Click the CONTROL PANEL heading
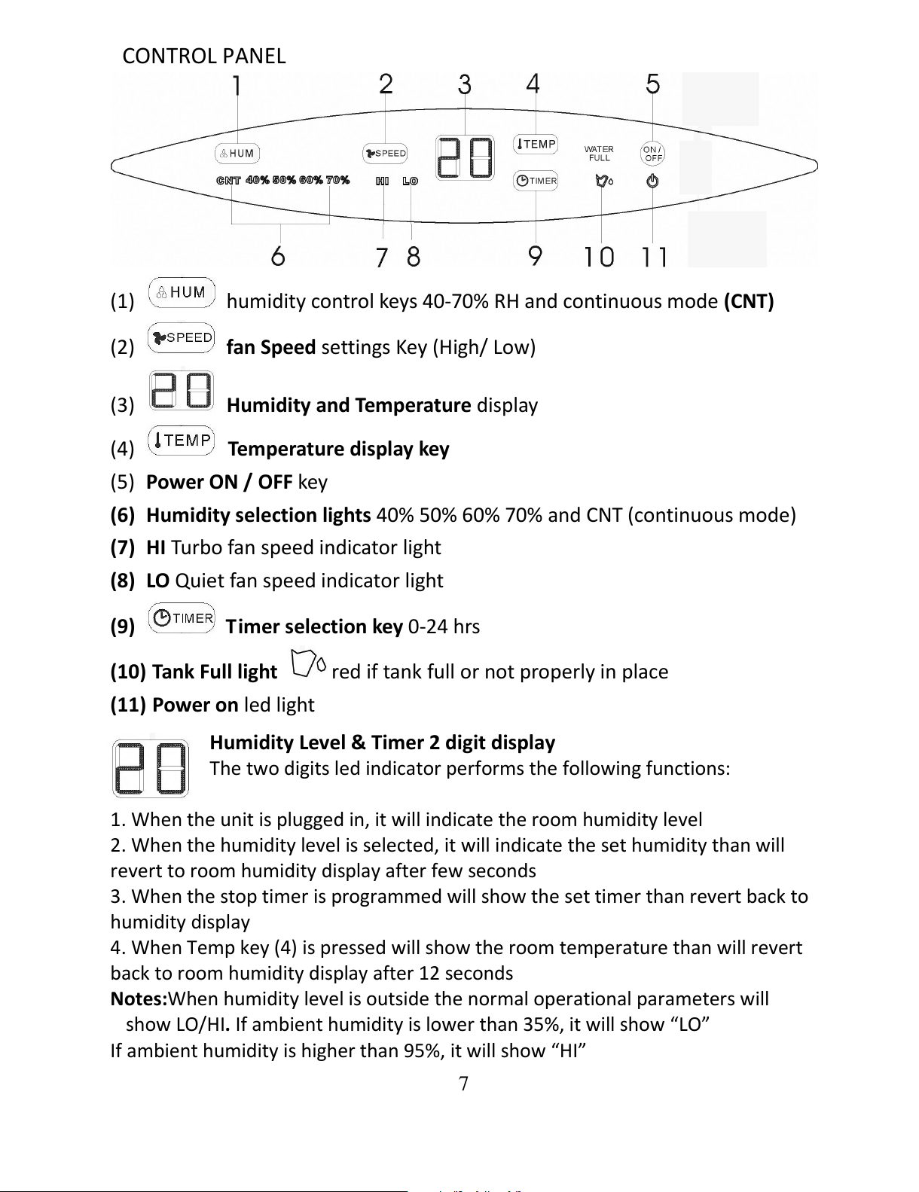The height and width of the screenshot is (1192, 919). coord(203,56)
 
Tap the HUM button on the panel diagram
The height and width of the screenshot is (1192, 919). coord(237,154)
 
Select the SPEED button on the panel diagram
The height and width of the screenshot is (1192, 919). coord(385,154)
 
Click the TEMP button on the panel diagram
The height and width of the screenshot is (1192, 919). coord(536,144)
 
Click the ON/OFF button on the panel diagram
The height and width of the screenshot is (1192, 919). coord(652,154)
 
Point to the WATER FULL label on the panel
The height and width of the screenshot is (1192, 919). coord(599,154)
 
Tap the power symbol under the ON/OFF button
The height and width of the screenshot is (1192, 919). coord(652,181)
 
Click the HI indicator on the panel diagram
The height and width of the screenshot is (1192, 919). coord(383,181)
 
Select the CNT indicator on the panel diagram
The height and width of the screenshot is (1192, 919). coord(227,180)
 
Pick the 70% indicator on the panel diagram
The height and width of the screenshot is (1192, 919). coord(337,180)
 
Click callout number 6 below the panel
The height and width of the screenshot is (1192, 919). coord(278,256)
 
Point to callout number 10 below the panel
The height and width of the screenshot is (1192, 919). coord(599,257)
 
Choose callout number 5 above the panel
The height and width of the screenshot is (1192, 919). coord(652,84)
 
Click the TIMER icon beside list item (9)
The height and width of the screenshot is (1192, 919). coord(182,618)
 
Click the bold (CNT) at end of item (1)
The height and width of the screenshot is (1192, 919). coord(749,302)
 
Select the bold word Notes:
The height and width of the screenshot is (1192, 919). coord(139,999)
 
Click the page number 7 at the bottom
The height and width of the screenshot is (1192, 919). coord(463,1084)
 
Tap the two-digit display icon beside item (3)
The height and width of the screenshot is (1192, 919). coord(182,390)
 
